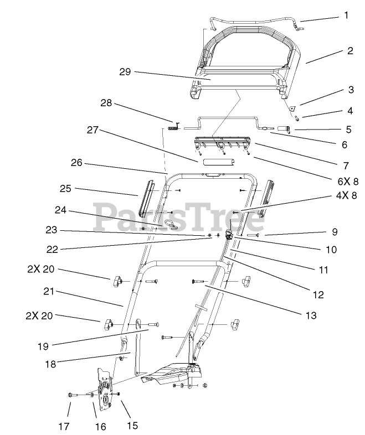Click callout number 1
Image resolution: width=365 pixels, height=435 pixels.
346,15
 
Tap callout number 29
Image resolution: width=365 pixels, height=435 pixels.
125,72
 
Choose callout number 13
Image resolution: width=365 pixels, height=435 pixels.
311,315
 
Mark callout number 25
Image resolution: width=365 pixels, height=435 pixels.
66,189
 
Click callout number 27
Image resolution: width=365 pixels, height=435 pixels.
92,130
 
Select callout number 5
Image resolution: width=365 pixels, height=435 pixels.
348,130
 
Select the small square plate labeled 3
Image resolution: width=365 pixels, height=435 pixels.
294,109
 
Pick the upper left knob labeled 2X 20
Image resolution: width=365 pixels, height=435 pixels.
119,283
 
